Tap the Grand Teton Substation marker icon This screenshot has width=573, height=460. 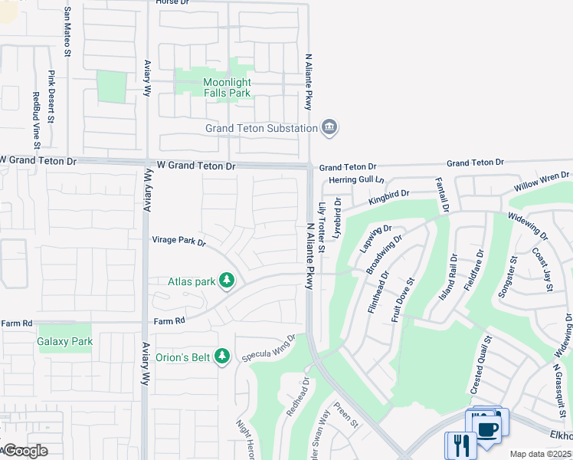coord(330,127)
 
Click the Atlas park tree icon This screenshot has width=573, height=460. coord(226,281)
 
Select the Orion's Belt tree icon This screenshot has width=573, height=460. coord(222,356)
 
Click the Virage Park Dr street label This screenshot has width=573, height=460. coord(179,241)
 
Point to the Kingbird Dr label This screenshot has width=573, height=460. coord(389,199)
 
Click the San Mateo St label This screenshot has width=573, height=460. coord(67,32)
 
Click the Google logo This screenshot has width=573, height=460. coord(25,451)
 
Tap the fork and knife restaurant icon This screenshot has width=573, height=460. coord(460,445)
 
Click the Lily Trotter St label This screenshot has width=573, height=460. coord(322,227)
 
